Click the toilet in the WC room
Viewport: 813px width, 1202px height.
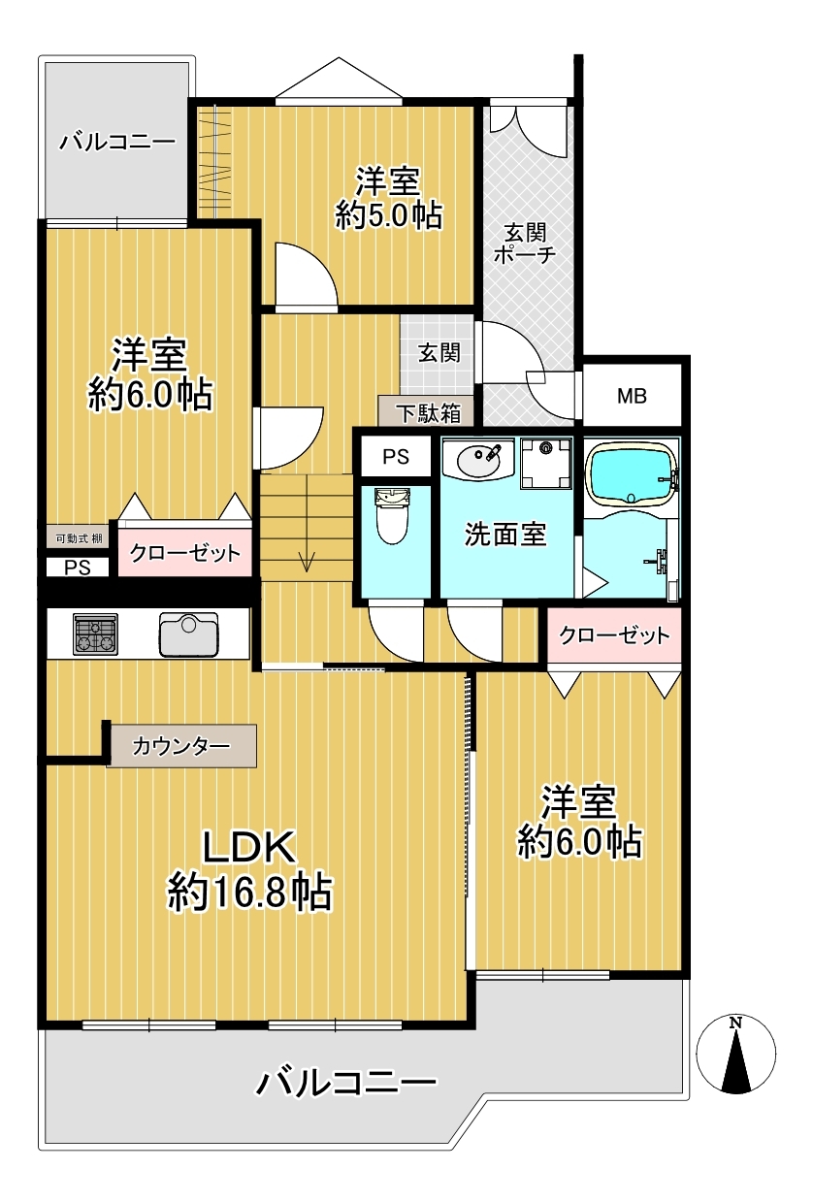[393, 516]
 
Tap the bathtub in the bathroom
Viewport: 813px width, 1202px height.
[631, 473]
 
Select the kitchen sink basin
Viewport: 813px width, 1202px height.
[188, 634]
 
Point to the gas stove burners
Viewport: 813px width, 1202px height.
[95, 634]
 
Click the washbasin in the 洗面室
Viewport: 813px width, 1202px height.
[479, 461]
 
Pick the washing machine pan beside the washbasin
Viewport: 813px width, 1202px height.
[545, 463]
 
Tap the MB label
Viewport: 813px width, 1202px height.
[632, 396]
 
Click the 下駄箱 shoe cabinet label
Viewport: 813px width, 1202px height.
[428, 413]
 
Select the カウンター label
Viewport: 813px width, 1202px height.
[180, 746]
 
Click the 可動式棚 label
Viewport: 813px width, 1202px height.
[79, 538]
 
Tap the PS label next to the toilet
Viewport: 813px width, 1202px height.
[396, 457]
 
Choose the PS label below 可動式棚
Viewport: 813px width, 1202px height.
[78, 568]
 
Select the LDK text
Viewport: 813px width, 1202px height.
[248, 847]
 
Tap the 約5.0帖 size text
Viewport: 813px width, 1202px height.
[388, 215]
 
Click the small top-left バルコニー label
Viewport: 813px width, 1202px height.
[117, 142]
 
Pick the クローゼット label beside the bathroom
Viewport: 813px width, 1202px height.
[614, 635]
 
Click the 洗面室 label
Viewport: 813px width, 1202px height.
[505, 534]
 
